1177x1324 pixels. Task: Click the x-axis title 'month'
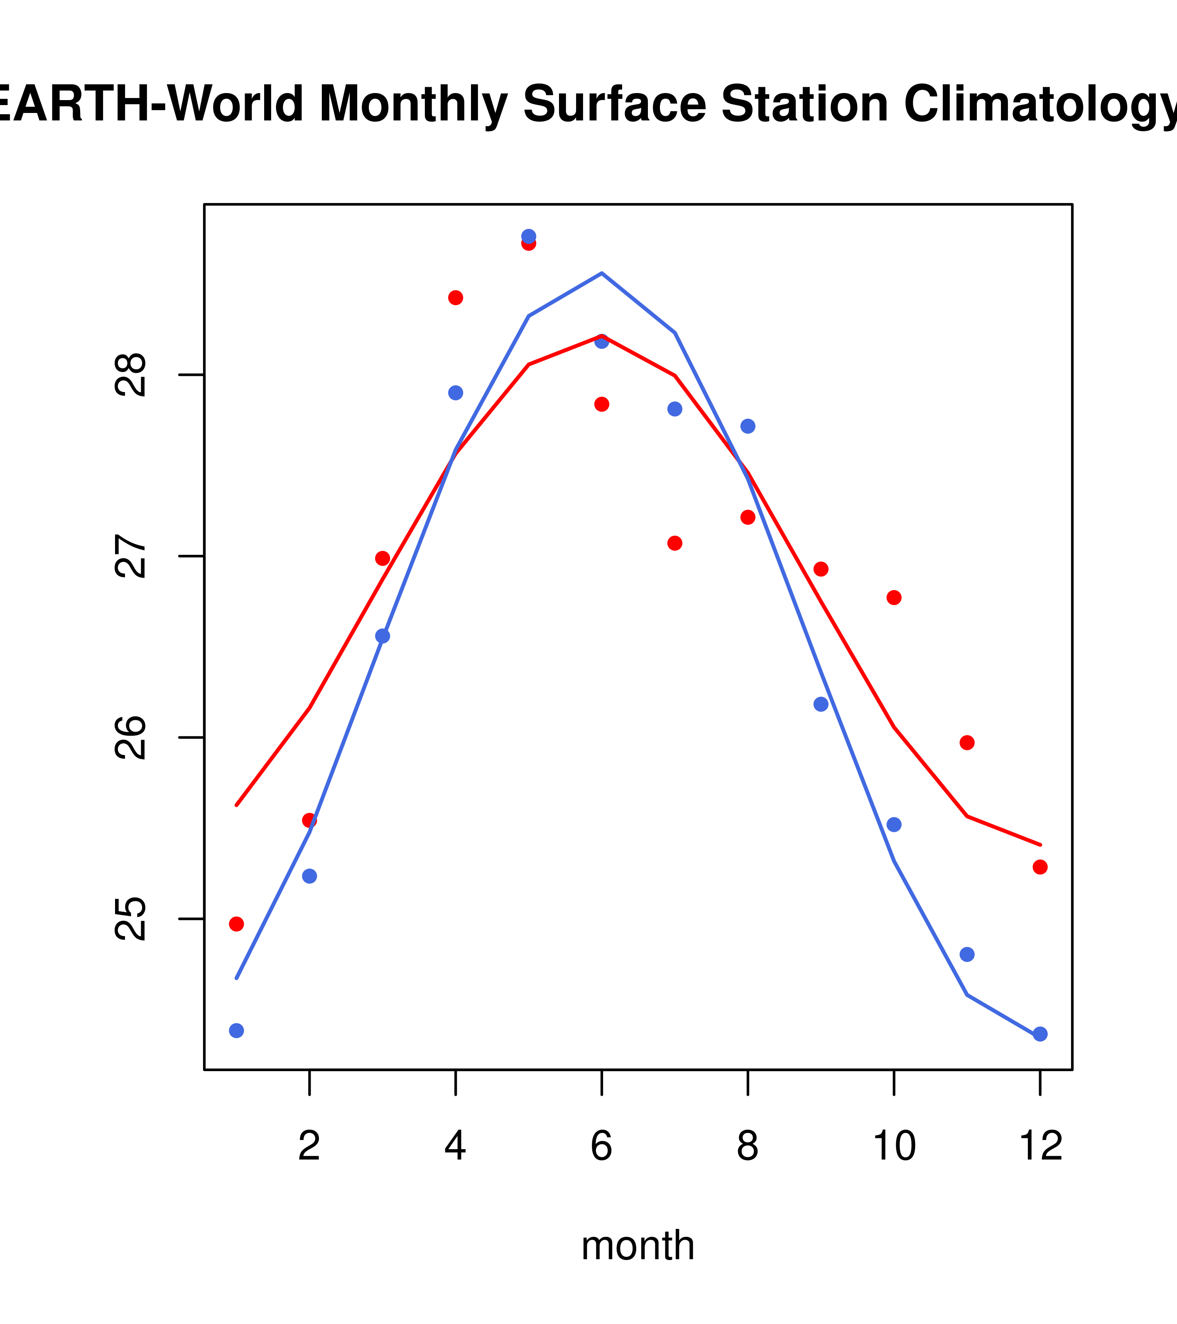(638, 1245)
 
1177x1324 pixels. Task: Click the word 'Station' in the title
(804, 104)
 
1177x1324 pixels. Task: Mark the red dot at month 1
(236, 924)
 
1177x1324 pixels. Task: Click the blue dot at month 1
(236, 1030)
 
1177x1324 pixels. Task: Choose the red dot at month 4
(455, 297)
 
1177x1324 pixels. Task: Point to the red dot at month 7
(674, 543)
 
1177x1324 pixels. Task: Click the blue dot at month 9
(821, 704)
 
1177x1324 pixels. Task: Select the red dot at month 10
(894, 597)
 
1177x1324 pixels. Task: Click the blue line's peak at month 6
(602, 273)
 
